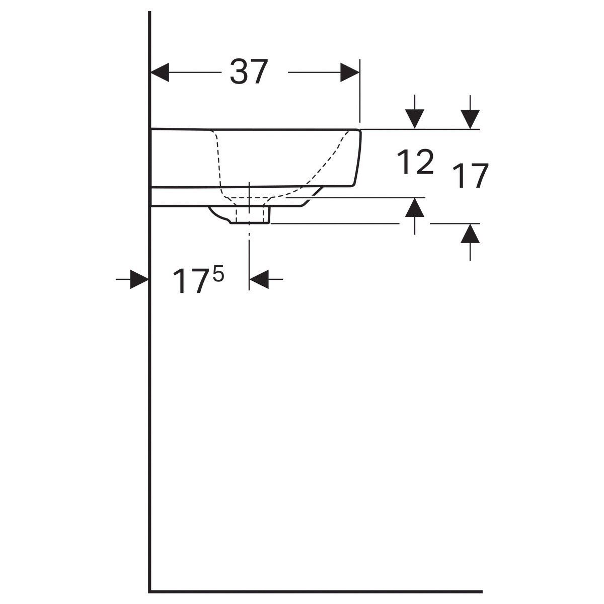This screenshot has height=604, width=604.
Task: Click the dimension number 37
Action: pyautogui.click(x=249, y=72)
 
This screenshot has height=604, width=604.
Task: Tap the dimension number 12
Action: pyautogui.click(x=415, y=162)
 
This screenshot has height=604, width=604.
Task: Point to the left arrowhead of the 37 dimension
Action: pyautogui.click(x=160, y=72)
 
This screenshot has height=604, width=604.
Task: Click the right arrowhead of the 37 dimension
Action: pyautogui.click(x=350, y=72)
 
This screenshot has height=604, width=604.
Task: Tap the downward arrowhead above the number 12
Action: pyautogui.click(x=415, y=119)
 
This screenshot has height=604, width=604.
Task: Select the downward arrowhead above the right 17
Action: pyautogui.click(x=470, y=119)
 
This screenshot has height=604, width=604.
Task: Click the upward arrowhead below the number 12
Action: pyautogui.click(x=415, y=207)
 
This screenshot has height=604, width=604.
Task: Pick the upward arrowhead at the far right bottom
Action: pyautogui.click(x=470, y=234)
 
